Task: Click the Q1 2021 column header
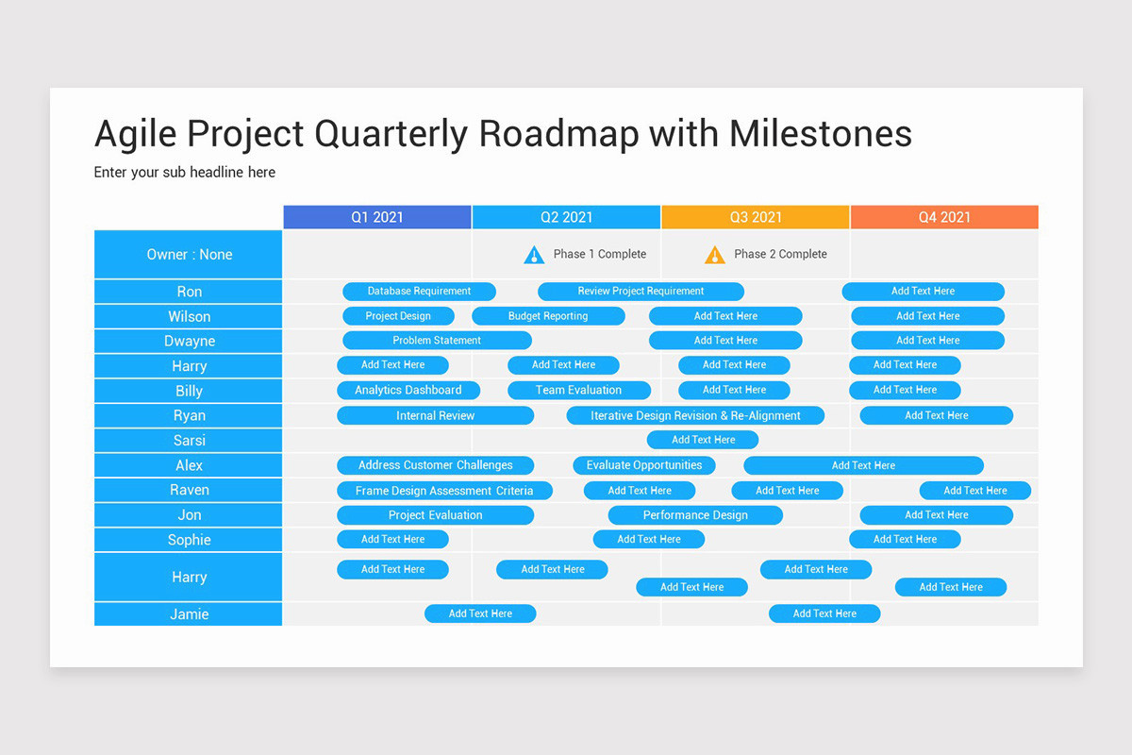[377, 217]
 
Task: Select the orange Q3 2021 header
[756, 217]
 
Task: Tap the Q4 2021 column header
[944, 217]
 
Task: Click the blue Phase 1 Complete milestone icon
[534, 255]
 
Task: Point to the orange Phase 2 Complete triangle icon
[715, 255]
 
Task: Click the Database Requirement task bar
[419, 292]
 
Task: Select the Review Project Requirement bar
[641, 292]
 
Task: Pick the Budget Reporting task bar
[548, 316]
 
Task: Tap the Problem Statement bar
[437, 341]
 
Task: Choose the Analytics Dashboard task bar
[408, 390]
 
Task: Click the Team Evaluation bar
[579, 390]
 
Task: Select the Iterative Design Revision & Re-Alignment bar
[695, 415]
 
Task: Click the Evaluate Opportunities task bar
[644, 465]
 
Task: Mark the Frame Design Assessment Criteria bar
[444, 491]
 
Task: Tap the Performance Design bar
[695, 515]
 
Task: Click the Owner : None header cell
[189, 255]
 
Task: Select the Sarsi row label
[189, 441]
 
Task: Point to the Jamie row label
[189, 614]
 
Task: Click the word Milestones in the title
[821, 134]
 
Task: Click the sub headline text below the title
[185, 173]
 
